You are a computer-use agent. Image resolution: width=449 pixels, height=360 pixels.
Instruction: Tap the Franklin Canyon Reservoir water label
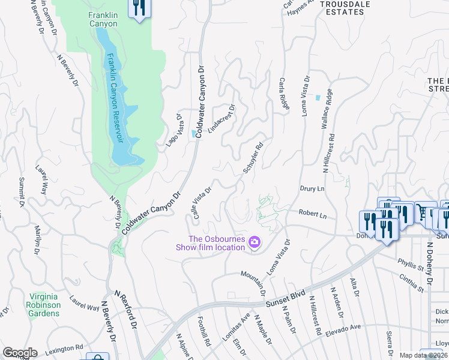pos(115,98)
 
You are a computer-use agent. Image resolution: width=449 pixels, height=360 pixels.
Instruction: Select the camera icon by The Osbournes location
pos(255,242)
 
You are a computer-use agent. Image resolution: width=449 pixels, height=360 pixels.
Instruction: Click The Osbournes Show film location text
pos(210,242)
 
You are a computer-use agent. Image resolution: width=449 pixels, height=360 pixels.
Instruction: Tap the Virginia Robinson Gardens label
pos(46,305)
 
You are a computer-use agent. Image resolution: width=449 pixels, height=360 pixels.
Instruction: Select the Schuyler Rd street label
pos(253,158)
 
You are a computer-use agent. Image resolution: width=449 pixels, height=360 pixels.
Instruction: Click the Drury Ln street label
pos(312,188)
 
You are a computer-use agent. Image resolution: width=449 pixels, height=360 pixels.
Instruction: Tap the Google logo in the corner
pos(20,353)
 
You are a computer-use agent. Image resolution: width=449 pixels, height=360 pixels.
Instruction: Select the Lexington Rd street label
pos(63,348)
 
